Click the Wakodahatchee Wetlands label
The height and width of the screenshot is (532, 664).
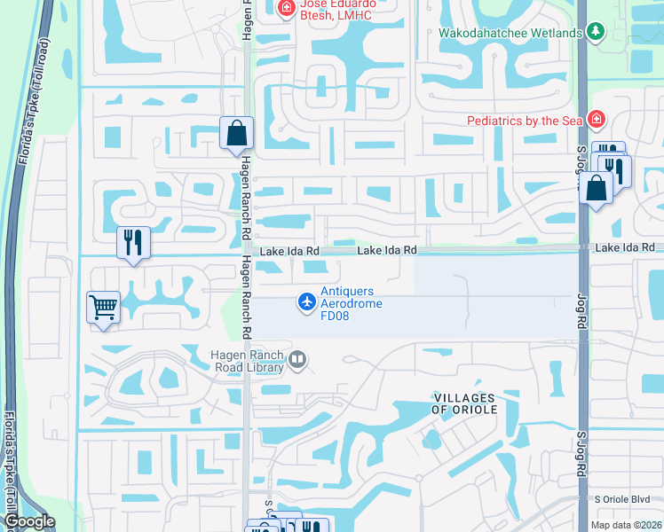(x=510, y=34)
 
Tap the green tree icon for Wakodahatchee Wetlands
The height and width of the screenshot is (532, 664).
(x=596, y=34)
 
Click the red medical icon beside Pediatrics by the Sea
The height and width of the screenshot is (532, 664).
(x=596, y=120)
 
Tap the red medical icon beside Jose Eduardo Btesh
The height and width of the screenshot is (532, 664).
(x=286, y=10)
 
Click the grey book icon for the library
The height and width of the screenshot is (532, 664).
(x=298, y=360)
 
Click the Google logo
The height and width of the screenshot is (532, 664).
(x=28, y=522)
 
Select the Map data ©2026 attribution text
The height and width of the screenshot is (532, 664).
(x=627, y=525)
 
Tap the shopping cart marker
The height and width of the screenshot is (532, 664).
(x=103, y=308)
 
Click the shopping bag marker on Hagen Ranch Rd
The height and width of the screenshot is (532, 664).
(x=236, y=134)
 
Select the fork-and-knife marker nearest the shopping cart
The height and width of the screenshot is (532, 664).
(x=133, y=241)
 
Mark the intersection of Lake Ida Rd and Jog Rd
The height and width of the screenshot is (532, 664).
(x=582, y=250)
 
